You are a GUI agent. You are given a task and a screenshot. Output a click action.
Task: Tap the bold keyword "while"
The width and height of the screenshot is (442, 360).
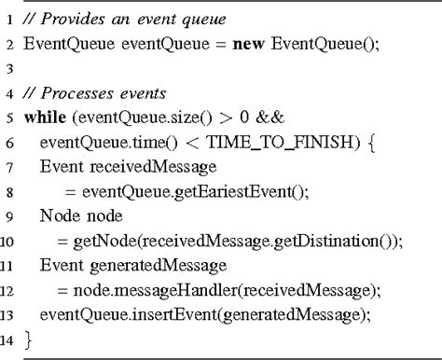tap(44, 118)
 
